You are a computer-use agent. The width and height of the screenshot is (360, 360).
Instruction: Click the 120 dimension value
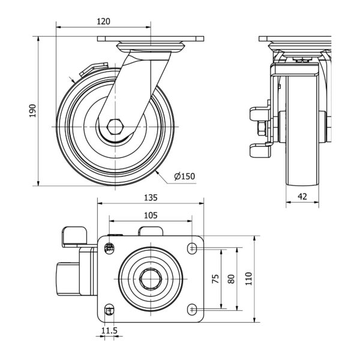[103, 21]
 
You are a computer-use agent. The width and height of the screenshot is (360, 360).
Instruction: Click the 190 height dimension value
[33, 110]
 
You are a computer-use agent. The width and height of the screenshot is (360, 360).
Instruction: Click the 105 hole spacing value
[151, 215]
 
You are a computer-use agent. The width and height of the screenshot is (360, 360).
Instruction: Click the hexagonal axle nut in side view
[116, 127]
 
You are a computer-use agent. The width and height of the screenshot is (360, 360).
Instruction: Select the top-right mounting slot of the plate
[192, 247]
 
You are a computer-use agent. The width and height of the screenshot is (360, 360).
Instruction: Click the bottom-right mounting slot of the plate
[192, 309]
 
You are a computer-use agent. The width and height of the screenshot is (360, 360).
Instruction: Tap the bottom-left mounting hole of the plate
[109, 310]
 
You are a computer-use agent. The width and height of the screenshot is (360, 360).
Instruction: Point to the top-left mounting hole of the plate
[109, 247]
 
